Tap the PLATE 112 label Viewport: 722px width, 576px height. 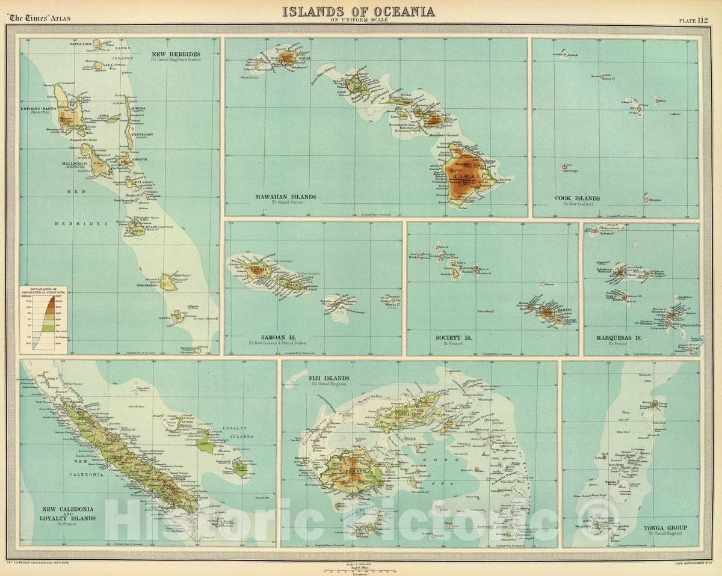click(x=693, y=19)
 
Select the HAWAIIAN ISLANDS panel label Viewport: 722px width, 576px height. click(x=285, y=197)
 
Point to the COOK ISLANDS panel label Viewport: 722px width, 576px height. click(x=578, y=198)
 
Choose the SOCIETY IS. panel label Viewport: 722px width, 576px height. click(x=454, y=338)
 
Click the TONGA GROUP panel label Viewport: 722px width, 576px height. click(x=665, y=528)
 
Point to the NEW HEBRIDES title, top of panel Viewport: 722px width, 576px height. click(x=176, y=54)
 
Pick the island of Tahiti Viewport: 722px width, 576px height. click(x=549, y=311)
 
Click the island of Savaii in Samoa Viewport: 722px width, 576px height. click(x=256, y=269)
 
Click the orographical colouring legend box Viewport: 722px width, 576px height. click(x=43, y=317)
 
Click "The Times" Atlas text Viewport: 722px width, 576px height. click(x=39, y=18)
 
